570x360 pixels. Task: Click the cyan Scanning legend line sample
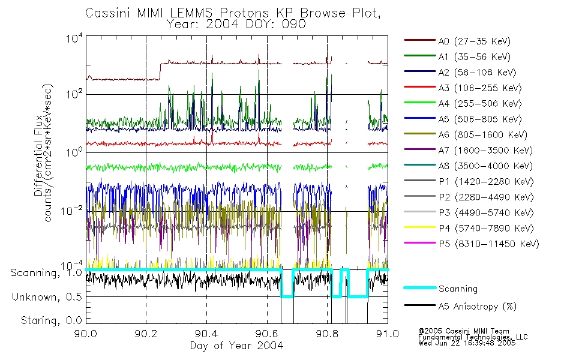click(419, 289)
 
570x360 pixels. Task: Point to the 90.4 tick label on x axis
click(206, 333)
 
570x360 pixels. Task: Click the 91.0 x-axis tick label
click(388, 333)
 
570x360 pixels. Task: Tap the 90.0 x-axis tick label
click(86, 333)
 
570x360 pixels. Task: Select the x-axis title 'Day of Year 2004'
click(236, 345)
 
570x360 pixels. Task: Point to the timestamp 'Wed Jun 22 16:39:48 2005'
click(466, 344)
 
